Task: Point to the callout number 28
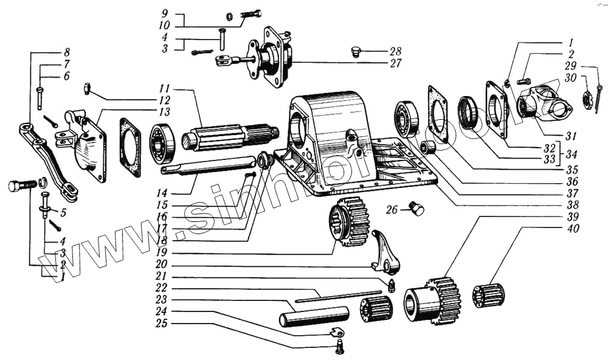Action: coord(396,51)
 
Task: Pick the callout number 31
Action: coord(572,135)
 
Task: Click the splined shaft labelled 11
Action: coord(231,137)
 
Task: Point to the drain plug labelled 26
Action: coord(416,209)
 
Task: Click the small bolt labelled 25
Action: coord(340,347)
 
